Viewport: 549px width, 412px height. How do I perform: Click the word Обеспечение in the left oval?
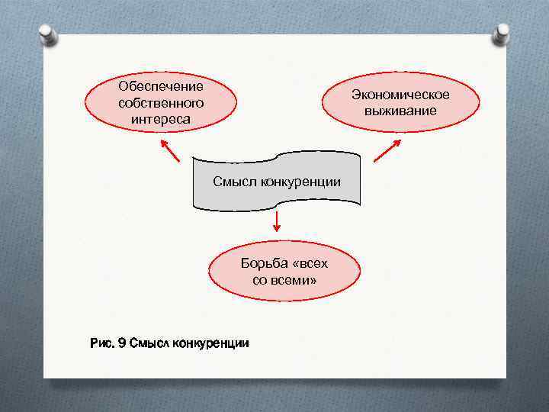click(x=161, y=86)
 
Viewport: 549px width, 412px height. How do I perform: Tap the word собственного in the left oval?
click(x=161, y=102)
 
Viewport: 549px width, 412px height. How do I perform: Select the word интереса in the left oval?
click(x=161, y=119)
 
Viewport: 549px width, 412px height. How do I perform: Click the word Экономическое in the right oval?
click(x=400, y=95)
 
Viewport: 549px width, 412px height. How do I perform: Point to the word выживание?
click(x=400, y=111)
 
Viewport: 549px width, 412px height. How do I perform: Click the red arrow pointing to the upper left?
click(x=169, y=150)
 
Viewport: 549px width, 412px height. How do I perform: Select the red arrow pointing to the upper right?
click(x=387, y=150)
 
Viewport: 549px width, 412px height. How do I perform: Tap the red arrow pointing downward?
click(x=276, y=222)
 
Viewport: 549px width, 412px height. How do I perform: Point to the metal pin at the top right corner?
click(x=502, y=33)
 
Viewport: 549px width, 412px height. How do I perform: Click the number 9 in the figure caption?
click(x=122, y=343)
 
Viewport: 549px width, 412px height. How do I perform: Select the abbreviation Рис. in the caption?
click(x=103, y=343)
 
